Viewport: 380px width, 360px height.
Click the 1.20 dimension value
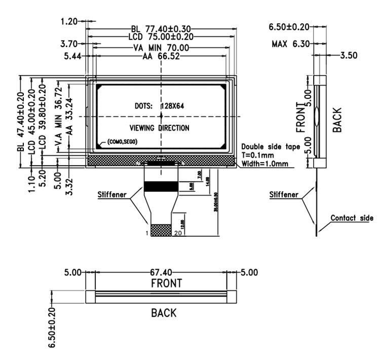pyautogui.click(x=70, y=21)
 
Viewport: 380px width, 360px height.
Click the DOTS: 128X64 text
pyautogui.click(x=161, y=106)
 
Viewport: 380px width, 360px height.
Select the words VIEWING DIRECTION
pyautogui.click(x=160, y=128)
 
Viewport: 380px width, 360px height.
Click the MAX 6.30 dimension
pyautogui.click(x=290, y=45)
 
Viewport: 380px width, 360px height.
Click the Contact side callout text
pyautogui.click(x=352, y=218)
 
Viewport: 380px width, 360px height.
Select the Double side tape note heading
pyautogui.click(x=271, y=147)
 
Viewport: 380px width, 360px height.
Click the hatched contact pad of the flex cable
pyautogui.click(x=162, y=229)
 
